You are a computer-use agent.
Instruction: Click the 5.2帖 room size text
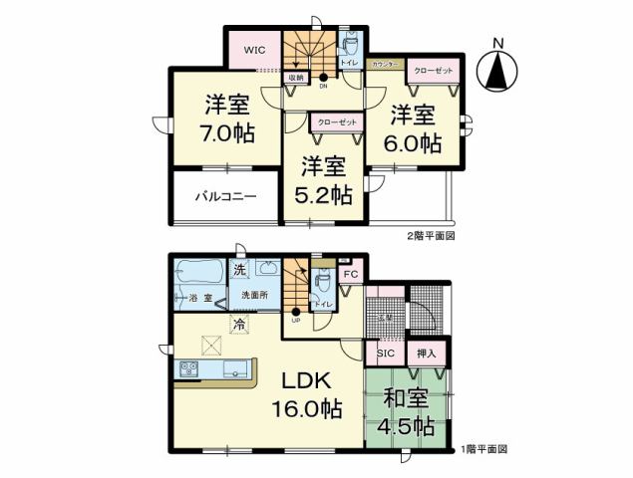[326, 194]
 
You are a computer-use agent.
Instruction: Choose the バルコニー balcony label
[225, 196]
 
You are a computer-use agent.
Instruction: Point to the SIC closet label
[385, 353]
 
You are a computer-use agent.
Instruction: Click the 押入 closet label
[426, 352]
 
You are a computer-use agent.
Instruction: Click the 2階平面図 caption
[431, 236]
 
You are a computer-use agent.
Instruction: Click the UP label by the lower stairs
[296, 321]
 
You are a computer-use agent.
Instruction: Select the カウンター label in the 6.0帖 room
[385, 64]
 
